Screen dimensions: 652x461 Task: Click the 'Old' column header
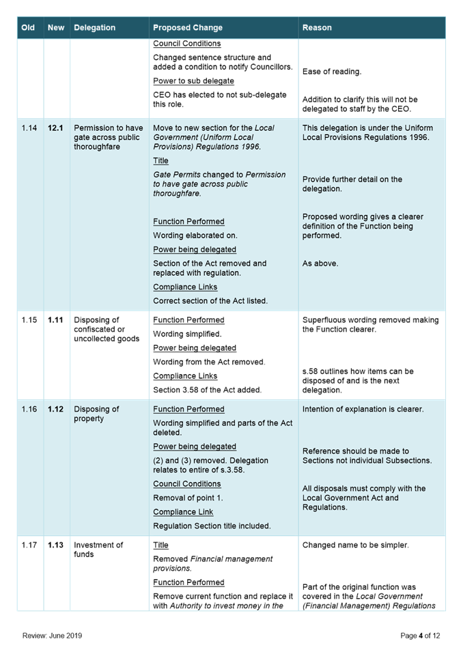(28, 28)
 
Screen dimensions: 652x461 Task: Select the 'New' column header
(56, 28)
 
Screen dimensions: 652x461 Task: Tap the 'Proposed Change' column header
(188, 28)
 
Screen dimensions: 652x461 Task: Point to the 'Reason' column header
(317, 28)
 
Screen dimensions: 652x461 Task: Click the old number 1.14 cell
(29, 128)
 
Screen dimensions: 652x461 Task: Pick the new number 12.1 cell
(55, 128)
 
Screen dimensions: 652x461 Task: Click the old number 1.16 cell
(29, 410)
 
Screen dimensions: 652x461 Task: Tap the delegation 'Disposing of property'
(96, 414)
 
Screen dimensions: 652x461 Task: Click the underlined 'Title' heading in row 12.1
(160, 161)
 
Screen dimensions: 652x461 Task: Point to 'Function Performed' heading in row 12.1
(188, 222)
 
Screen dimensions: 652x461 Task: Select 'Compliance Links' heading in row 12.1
(185, 287)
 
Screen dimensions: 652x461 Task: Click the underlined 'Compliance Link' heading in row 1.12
(183, 512)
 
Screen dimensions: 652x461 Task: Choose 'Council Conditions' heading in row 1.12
(187, 484)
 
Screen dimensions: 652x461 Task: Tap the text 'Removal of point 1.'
(188, 498)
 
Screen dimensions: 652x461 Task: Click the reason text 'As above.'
(320, 264)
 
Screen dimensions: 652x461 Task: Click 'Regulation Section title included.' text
(212, 526)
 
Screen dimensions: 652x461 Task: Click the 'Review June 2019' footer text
(53, 636)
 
